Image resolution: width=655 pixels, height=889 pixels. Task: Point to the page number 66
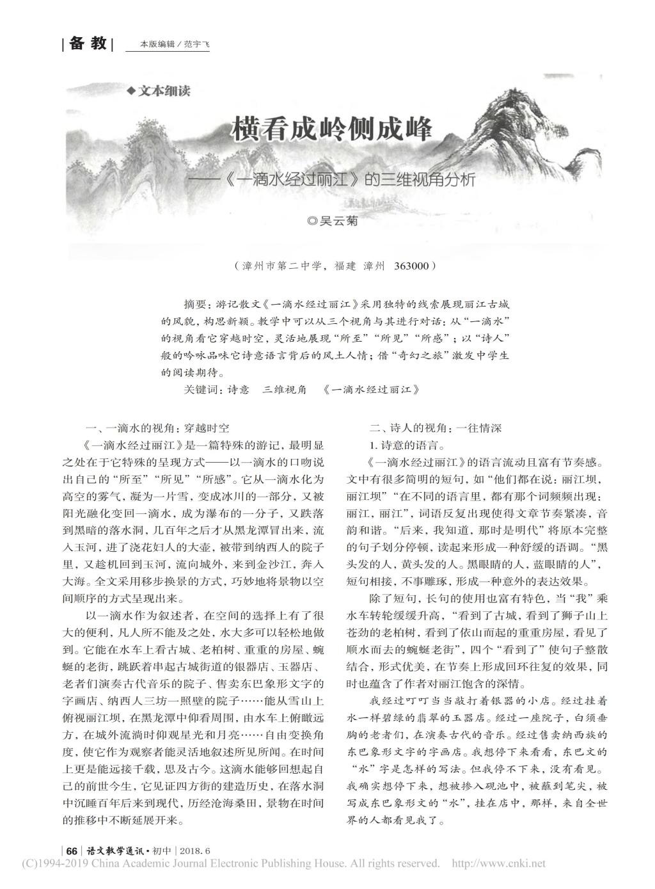click(72, 851)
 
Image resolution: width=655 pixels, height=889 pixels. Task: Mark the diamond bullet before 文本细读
click(132, 91)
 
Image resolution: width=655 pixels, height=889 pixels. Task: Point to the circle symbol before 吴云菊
click(312, 221)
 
